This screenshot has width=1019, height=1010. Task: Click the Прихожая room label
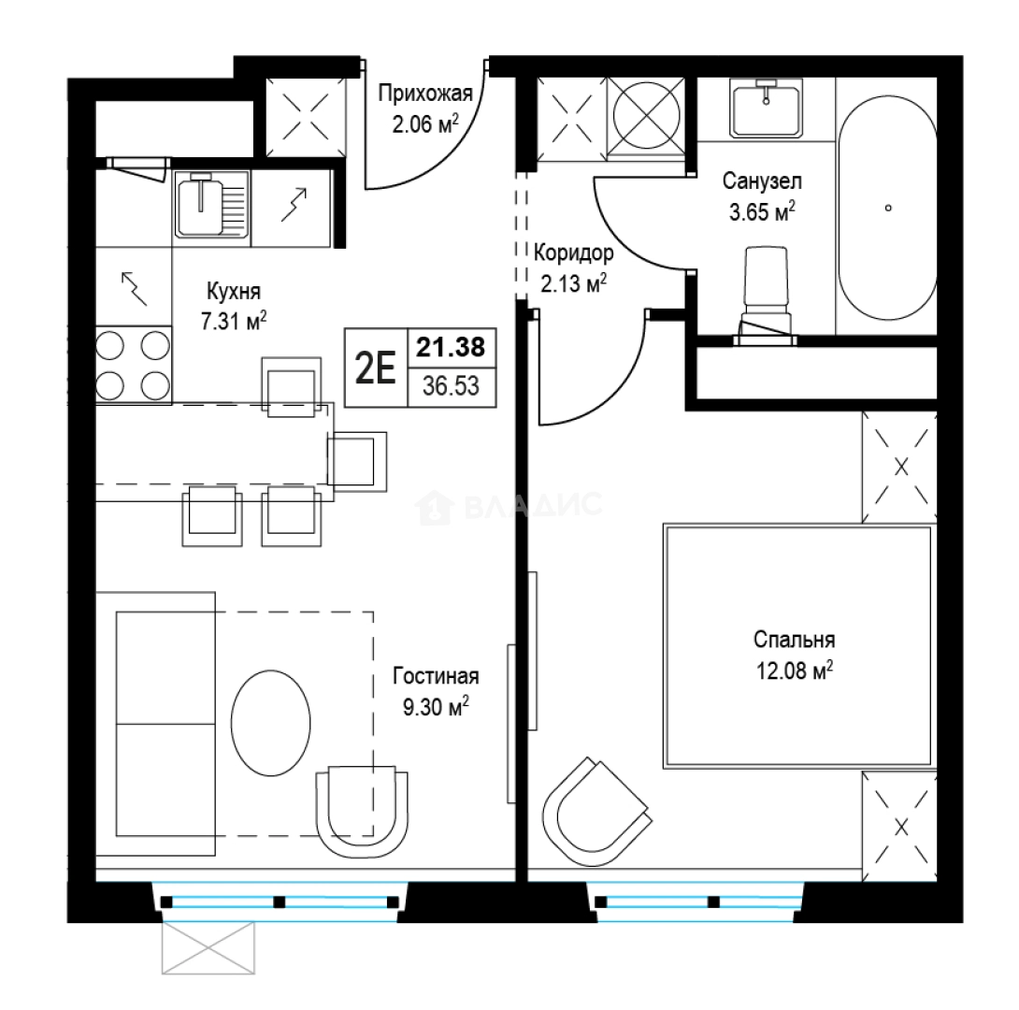(425, 94)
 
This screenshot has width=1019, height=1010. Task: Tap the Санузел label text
(762, 180)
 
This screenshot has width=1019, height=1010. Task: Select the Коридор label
(573, 252)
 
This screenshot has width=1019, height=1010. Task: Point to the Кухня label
(234, 291)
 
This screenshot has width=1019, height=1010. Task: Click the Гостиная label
(436, 676)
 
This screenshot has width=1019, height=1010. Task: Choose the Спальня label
(794, 640)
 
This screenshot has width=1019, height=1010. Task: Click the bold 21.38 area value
(451, 347)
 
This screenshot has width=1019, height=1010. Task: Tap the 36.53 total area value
(451, 386)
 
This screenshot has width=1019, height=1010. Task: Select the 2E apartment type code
(375, 368)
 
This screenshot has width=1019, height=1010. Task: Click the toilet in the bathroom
(766, 296)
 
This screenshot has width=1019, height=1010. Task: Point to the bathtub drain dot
(888, 208)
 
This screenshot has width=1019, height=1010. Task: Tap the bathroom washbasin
(767, 108)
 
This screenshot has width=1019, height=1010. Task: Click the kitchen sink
(212, 208)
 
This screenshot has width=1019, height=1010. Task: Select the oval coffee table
(270, 723)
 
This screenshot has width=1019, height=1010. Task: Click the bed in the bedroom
(797, 646)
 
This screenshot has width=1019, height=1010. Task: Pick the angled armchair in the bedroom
(596, 813)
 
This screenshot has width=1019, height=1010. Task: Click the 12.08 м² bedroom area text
(794, 670)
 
